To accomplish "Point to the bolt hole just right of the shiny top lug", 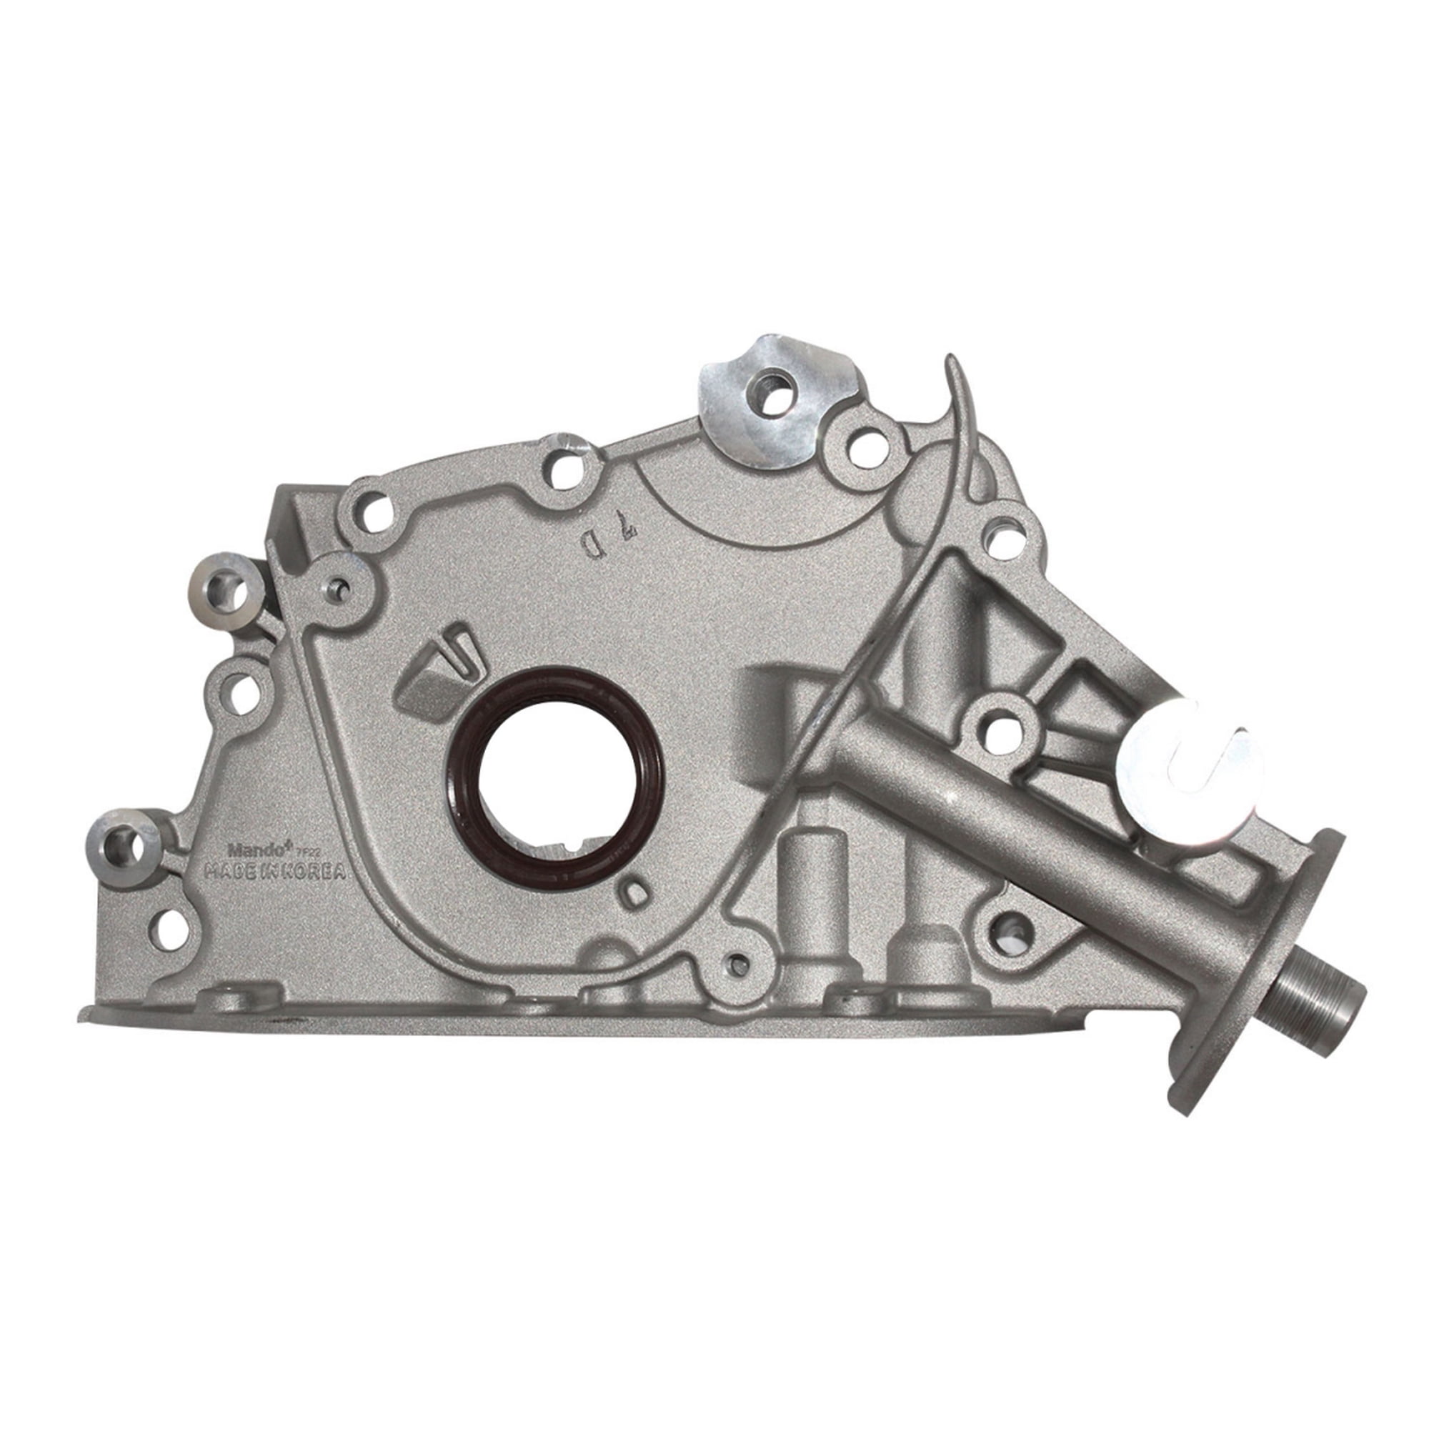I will pyautogui.click(x=862, y=447).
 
